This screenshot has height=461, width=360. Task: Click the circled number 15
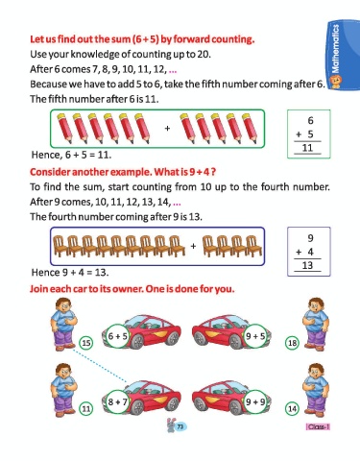86,343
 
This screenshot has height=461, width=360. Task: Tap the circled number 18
292,343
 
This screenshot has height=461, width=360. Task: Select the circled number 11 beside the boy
86,409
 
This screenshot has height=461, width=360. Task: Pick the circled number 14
292,409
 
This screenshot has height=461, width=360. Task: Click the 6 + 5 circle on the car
117,336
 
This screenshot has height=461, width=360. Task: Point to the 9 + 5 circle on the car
255,336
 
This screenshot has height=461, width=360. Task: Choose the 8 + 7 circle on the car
117,401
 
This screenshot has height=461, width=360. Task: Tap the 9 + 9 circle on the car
255,401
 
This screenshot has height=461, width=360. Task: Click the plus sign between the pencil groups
167,129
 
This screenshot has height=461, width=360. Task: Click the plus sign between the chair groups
193,246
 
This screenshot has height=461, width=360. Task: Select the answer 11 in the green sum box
307,148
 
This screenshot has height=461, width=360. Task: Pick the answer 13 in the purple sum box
307,265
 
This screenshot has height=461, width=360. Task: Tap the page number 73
180,426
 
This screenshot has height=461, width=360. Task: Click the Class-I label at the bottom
318,426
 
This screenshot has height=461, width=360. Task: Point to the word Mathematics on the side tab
335,49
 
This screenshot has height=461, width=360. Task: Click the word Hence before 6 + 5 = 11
46,155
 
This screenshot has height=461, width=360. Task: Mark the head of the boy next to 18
316,306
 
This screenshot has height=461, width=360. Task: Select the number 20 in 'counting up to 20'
204,54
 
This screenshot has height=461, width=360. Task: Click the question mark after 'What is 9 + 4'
213,172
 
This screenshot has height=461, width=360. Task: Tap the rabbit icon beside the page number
171,425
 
